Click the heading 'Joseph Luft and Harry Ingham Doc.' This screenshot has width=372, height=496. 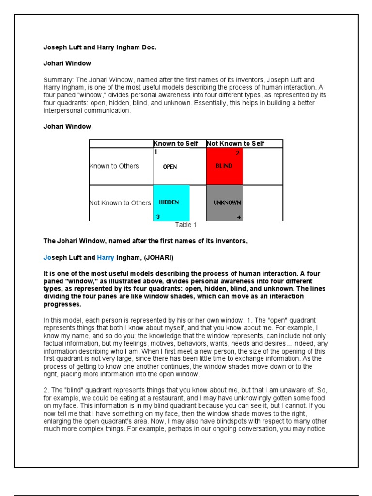(100, 47)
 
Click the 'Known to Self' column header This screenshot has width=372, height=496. (176, 144)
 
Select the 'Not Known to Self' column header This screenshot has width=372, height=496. (235, 144)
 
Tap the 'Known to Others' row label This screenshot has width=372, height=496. (114, 166)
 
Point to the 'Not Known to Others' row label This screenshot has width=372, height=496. (121, 203)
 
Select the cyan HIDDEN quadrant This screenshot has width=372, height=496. (171, 203)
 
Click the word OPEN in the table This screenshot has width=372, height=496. (170, 167)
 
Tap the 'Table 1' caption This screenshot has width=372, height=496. (186, 225)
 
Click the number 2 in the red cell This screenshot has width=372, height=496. (238, 153)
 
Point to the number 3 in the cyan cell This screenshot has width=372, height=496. (156, 217)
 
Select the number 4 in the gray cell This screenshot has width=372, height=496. (239, 217)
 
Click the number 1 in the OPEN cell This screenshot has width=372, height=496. (156, 152)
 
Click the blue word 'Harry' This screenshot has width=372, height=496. (106, 257)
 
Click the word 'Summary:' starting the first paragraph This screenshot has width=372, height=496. (58, 80)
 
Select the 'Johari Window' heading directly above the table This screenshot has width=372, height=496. (67, 127)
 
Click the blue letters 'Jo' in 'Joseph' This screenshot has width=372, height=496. (47, 257)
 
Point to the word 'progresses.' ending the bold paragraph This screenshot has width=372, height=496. (62, 305)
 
